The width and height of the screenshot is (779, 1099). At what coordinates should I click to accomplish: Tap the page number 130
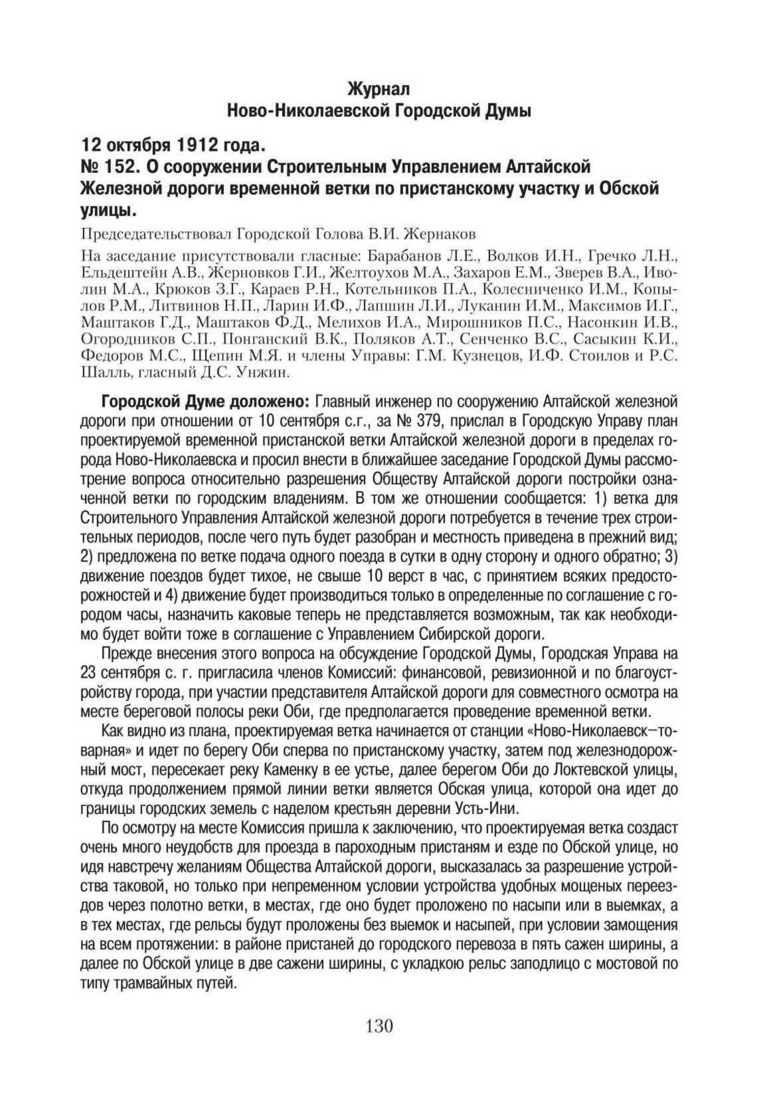379,1024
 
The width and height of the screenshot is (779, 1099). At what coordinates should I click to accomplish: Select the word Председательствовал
155,234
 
